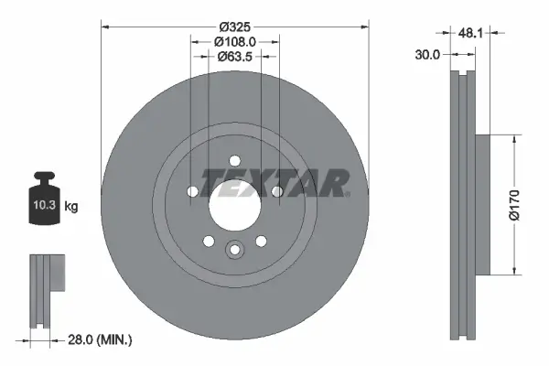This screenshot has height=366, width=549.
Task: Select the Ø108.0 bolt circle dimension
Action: [234, 40]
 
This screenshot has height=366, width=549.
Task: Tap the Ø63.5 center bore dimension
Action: [234, 58]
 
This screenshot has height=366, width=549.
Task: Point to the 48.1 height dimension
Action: [470, 32]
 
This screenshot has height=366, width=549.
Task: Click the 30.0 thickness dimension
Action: [427, 55]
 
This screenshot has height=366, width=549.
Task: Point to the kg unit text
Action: [71, 208]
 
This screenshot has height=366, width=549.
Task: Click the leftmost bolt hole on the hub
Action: [193, 191]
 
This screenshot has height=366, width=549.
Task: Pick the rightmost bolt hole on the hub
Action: [275, 191]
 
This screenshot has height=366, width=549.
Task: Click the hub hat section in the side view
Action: [481, 204]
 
